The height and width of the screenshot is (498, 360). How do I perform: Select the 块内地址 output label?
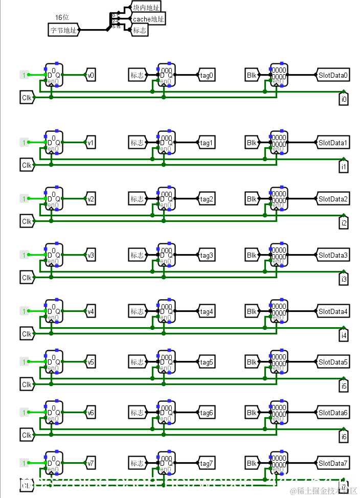(145, 8)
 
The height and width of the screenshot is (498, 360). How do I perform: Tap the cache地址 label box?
(148, 19)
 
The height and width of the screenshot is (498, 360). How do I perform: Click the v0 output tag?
(90, 76)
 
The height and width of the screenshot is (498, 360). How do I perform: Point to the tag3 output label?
(206, 255)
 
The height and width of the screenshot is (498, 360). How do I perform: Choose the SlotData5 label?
(333, 363)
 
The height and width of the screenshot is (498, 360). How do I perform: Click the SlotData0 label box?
(333, 76)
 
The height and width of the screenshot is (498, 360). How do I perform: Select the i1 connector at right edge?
(344, 167)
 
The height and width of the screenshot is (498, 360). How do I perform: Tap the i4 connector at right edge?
(344, 335)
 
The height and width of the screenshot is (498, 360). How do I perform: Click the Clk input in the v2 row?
(27, 221)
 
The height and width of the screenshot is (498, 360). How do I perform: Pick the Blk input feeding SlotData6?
(252, 413)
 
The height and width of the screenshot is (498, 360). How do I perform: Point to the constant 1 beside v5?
(24, 362)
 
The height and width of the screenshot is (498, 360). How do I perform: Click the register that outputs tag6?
(166, 413)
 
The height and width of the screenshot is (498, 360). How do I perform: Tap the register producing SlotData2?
(279, 199)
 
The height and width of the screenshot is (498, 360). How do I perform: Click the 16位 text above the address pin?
(62, 18)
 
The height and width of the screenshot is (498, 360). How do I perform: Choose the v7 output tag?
(90, 464)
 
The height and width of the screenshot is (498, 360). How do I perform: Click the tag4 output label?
(206, 311)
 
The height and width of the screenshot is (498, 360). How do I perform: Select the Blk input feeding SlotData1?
(252, 143)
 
